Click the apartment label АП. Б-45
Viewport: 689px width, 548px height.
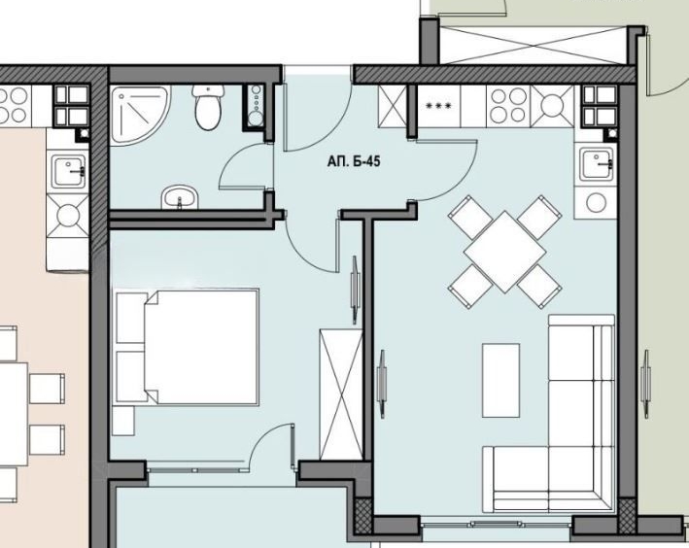tap(354, 162)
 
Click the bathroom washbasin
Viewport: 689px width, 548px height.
tap(178, 197)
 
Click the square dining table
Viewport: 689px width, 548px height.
tap(504, 250)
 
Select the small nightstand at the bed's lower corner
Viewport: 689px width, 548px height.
tap(121, 420)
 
